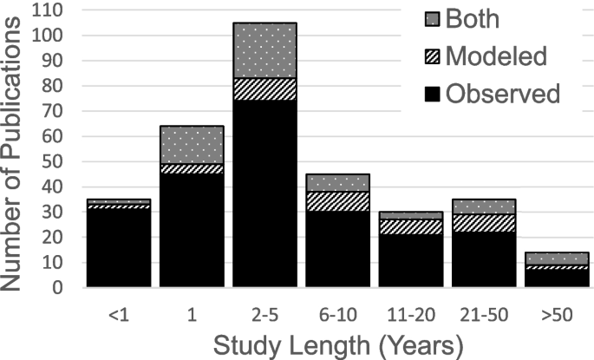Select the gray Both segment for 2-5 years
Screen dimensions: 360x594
pos(264,49)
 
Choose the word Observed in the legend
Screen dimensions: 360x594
pos(503,93)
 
